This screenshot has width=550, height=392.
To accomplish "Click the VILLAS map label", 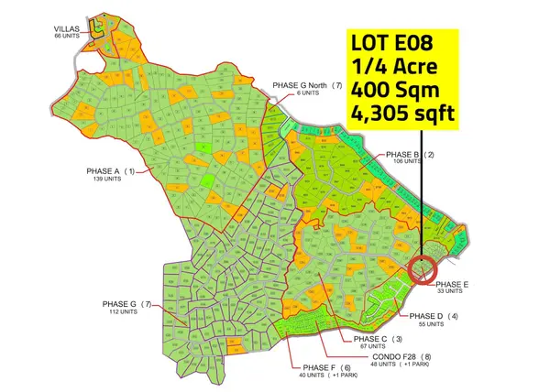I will pyautogui.click(x=68, y=28).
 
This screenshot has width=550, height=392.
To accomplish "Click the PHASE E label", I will pyautogui.click(x=452, y=285).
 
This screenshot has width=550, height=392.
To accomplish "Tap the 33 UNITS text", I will pyautogui.click(x=448, y=292).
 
